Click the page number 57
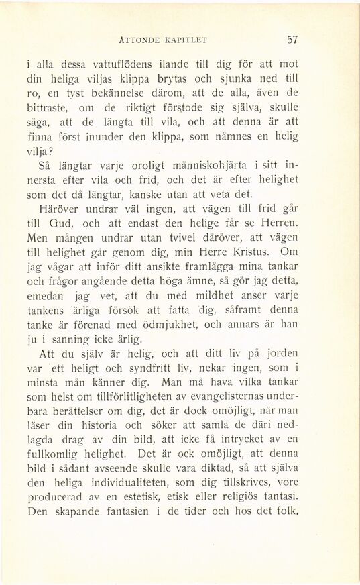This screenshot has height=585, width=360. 292,39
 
